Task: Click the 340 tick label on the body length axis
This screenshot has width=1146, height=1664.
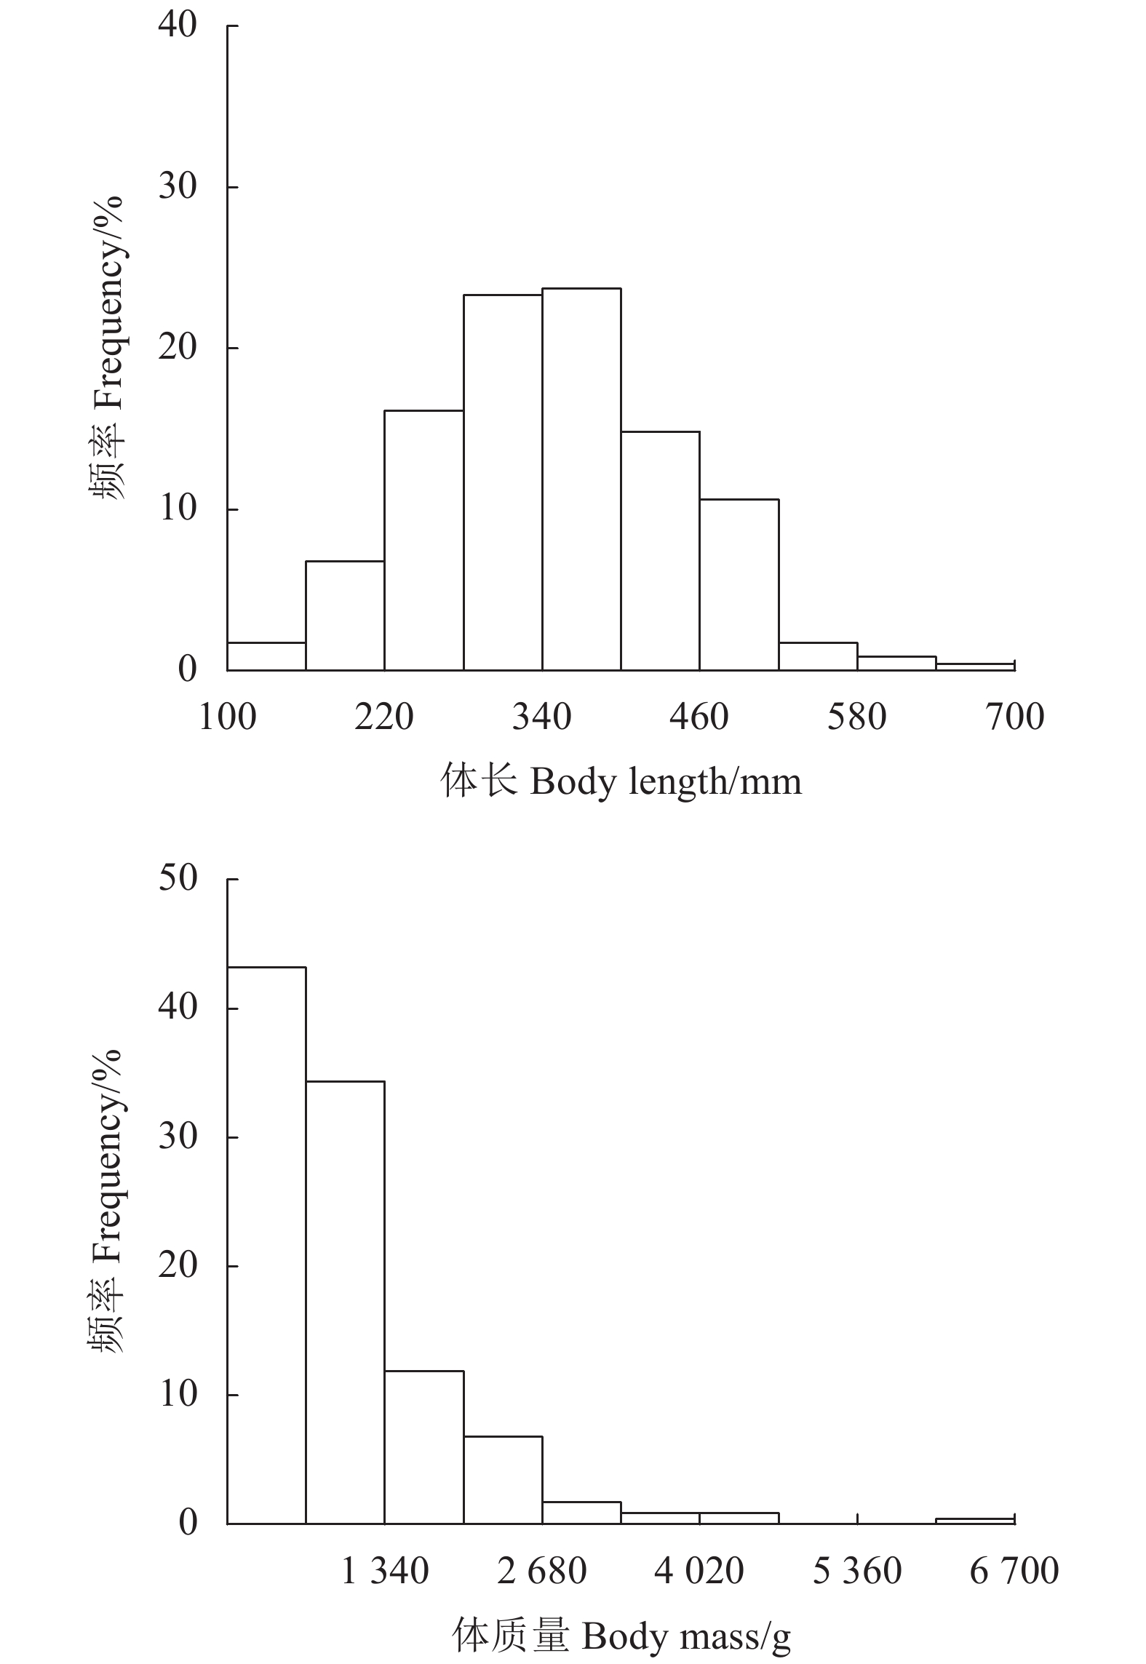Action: click(542, 717)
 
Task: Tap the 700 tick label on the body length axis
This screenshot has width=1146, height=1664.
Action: click(1015, 717)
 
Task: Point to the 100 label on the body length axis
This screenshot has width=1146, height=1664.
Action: click(227, 717)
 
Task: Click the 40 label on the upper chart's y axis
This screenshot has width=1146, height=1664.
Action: click(178, 26)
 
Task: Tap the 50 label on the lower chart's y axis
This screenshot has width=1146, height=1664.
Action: click(178, 879)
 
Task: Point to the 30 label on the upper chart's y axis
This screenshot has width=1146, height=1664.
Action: click(178, 187)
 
